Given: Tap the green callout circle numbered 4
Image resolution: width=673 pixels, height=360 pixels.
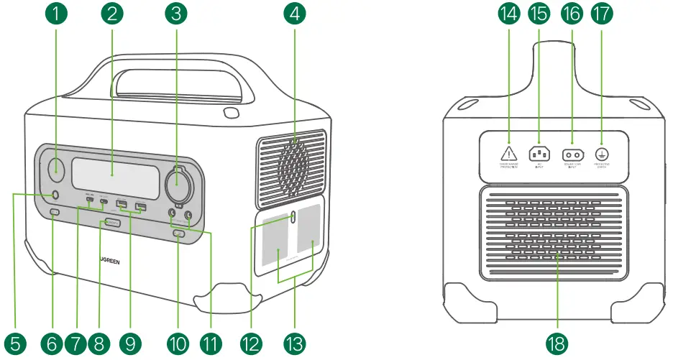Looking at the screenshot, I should point(293,13).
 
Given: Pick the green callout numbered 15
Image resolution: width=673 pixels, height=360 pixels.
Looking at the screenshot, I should point(539,13).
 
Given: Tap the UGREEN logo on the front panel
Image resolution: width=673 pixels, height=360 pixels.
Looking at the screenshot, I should point(109,262).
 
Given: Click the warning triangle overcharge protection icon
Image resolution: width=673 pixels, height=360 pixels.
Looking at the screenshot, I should point(509,152).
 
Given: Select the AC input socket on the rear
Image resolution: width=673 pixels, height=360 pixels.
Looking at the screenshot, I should point(539,152).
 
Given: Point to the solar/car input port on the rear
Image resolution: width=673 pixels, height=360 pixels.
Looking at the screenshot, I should point(572,153).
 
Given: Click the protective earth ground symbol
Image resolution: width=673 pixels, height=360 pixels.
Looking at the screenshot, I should point(603,152).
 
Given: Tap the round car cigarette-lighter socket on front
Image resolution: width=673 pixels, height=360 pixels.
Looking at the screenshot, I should point(177,185).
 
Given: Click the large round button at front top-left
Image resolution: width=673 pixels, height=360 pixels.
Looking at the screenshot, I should point(56,172).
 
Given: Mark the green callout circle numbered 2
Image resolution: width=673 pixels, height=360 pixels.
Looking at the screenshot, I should point(111,13).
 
